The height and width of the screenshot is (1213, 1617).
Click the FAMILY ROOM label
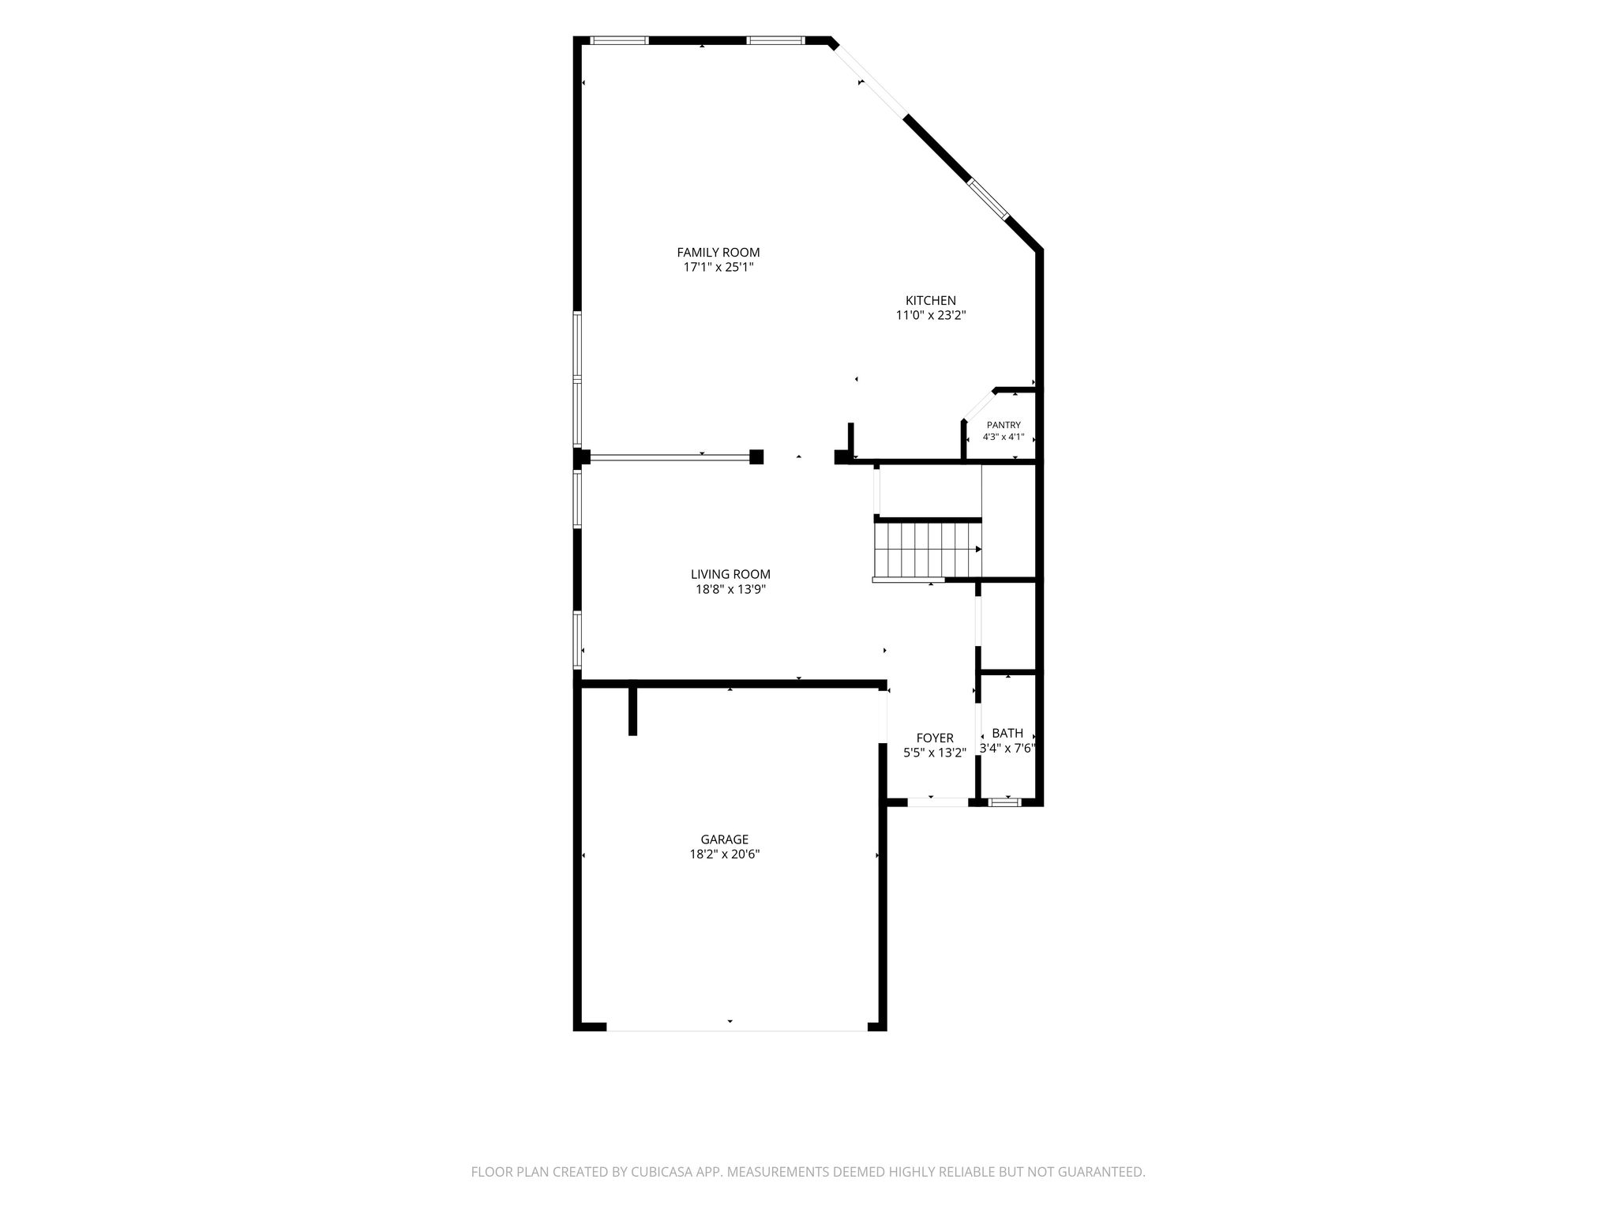click(718, 253)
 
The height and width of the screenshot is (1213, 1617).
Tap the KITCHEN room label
click(930, 301)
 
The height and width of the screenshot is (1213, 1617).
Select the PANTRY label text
click(1004, 426)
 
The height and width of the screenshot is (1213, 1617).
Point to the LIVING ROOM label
click(730, 575)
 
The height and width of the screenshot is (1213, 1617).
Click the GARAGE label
click(724, 839)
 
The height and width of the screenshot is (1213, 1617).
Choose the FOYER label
click(935, 738)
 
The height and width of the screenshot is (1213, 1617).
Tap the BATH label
click(1007, 734)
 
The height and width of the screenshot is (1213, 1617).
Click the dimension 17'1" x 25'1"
click(718, 268)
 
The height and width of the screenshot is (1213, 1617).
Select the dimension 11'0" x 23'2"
click(931, 315)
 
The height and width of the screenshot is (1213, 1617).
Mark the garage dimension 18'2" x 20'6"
click(724, 854)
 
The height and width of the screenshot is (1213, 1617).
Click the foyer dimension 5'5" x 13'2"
click(935, 753)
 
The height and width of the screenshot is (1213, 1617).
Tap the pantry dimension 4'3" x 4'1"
click(1004, 437)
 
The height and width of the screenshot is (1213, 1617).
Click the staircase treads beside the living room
click(927, 550)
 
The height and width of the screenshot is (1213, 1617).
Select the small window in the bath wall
click(1004, 802)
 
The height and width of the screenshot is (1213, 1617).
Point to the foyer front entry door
click(938, 802)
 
